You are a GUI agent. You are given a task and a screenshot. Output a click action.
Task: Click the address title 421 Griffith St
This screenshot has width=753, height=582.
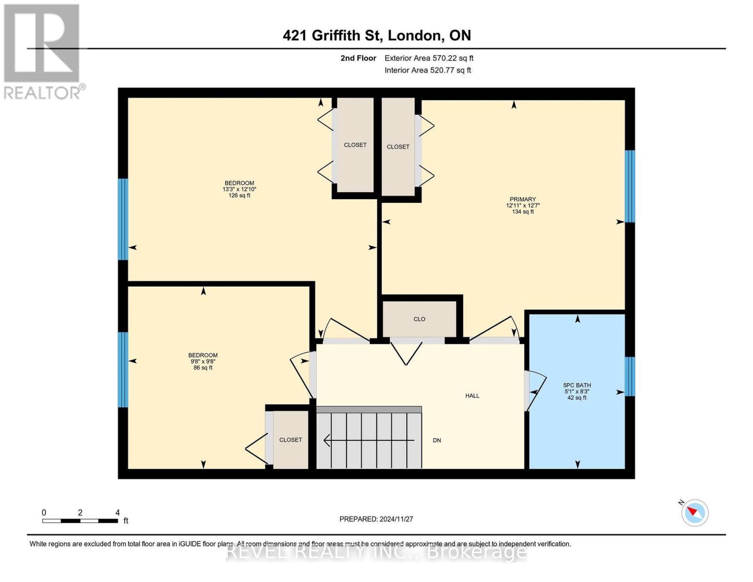tap(377, 35)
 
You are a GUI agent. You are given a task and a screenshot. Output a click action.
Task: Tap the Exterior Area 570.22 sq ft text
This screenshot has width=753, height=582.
tap(429, 58)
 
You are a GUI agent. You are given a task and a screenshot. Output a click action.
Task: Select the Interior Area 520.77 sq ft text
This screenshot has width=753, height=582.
tap(428, 70)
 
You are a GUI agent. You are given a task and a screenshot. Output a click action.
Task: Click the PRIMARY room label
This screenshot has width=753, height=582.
tap(523, 199)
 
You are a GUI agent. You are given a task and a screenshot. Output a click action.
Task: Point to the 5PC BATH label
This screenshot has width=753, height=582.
tap(577, 385)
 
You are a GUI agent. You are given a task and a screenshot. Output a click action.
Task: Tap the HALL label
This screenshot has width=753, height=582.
tap(472, 396)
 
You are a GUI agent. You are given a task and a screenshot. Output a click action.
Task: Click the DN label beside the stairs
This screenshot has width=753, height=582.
tap(437, 440)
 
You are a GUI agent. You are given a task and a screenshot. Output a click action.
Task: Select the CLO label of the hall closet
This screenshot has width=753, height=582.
tap(419, 319)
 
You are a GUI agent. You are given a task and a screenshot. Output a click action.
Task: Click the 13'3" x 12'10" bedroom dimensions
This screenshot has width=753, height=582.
tap(239, 189)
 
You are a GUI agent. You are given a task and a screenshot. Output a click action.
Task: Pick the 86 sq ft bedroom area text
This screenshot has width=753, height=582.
tap(203, 368)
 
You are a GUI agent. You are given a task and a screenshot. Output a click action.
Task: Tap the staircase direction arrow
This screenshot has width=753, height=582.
tap(368, 440)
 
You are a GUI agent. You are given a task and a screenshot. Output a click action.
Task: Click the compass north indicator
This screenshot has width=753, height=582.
tap(695, 512)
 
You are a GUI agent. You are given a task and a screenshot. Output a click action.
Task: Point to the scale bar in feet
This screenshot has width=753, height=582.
tap(80, 521)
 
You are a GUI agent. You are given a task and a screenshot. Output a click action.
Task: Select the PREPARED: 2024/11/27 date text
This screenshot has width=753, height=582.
tap(376, 519)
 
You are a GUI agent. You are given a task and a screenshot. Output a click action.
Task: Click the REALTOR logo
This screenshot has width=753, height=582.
tap(43, 51)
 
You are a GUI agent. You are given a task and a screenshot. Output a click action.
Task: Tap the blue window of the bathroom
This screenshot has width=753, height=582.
tap(629, 376)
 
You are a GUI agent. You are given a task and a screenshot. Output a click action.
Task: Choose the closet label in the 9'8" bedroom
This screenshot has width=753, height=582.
tap(290, 440)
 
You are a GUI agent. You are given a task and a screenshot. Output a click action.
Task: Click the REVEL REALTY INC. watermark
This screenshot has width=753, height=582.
tap(376, 551)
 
